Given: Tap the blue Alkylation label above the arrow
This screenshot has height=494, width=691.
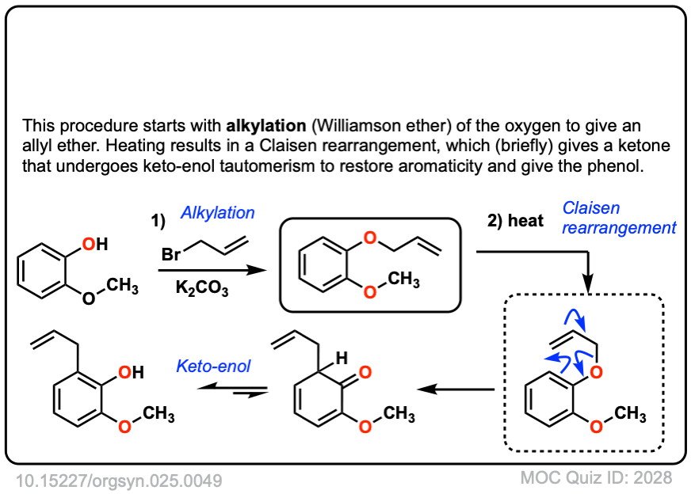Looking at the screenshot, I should (218, 213).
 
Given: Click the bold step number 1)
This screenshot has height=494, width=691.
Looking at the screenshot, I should (158, 222).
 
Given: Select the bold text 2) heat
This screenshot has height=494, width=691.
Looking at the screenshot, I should (516, 222).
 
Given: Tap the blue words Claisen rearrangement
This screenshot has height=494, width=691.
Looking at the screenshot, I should (619, 218).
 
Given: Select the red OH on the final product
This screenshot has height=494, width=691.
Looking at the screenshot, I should (131, 371).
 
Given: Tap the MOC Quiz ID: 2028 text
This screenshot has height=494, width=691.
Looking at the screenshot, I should (596, 478).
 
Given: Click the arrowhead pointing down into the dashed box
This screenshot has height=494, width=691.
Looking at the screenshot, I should (588, 284).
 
